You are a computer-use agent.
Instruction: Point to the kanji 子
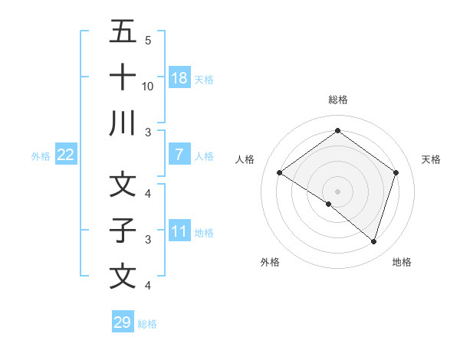tap(123, 230)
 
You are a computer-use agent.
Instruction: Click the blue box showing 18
tap(179, 77)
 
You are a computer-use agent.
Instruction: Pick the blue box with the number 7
tap(179, 155)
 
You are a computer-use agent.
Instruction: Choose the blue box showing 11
tap(179, 231)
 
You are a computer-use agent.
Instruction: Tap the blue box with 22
tap(66, 155)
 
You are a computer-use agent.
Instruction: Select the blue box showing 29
tap(123, 322)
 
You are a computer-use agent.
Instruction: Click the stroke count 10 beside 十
tap(149, 87)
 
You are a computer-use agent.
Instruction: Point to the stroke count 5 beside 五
tap(148, 41)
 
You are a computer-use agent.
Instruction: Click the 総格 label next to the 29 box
tap(148, 324)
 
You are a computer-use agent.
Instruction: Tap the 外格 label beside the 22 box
tap(41, 156)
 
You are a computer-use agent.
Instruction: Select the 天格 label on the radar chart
tap(432, 159)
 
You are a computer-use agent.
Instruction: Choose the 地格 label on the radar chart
tap(402, 262)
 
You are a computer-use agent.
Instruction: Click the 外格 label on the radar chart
tap(270, 262)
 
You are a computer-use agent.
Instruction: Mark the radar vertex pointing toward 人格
tap(280, 173)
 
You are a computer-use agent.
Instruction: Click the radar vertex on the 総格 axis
tap(337, 130)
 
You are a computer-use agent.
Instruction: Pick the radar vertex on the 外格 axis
tap(329, 204)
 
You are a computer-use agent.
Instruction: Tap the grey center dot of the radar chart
tap(337, 190)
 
